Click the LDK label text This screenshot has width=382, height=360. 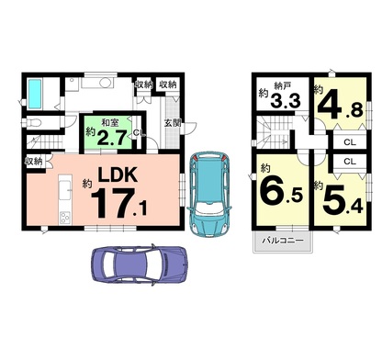click(118, 174)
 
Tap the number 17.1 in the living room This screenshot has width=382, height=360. click(118, 203)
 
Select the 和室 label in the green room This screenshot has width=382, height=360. click(110, 123)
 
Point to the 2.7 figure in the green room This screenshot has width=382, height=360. click(111, 138)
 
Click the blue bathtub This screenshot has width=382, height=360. click(35, 94)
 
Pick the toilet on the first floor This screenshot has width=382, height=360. click(32, 123)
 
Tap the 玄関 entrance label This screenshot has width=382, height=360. click(173, 123)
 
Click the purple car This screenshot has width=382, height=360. click(140, 264)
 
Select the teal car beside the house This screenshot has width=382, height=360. click(209, 194)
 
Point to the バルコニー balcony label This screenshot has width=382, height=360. click(283, 241)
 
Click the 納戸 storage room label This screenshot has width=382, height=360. click(283, 85)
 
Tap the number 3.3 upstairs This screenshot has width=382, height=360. click(286, 100)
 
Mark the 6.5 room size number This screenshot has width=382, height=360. click(282, 192)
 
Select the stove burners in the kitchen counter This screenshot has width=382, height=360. click(65, 218)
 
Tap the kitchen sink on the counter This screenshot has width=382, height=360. click(65, 189)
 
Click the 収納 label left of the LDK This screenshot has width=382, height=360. click(34, 162)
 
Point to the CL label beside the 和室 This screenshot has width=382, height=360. click(139, 133)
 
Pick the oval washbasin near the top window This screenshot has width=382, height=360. click(106, 83)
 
